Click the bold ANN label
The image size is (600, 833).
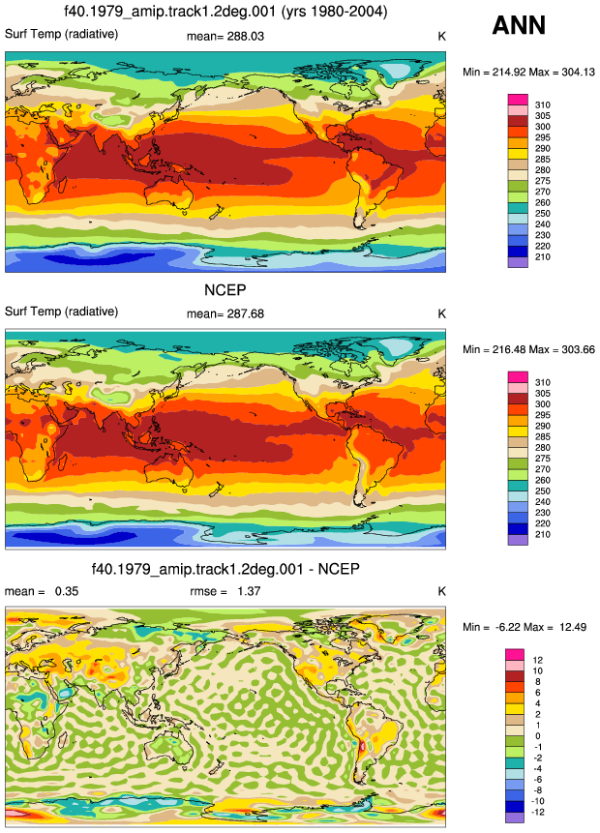coord(519,25)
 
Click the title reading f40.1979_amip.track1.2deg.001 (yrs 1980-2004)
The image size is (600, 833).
coord(225,12)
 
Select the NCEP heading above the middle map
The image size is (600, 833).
coord(225,290)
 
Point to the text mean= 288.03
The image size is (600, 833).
coord(225,37)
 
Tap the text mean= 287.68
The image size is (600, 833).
coord(225,314)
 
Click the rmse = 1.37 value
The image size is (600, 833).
coord(225,591)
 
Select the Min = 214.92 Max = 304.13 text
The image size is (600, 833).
coord(528,72)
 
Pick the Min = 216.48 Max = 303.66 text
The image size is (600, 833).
coord(528,349)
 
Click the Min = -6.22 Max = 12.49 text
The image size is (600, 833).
coord(525,627)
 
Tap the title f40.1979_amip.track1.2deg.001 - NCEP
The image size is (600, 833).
coord(225,569)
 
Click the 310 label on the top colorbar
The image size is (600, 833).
coord(543,105)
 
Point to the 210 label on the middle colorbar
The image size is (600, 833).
coord(543,534)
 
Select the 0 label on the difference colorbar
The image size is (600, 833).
coord(538,736)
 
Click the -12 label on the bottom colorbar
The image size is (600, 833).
coord(538,813)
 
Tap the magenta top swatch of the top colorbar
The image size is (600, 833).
coord(518,100)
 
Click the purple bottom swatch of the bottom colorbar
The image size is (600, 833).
coord(515,818)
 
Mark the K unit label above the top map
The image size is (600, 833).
coord(441,37)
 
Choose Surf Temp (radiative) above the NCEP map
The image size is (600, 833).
coord(62,312)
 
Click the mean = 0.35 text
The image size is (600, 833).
coord(42,591)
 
